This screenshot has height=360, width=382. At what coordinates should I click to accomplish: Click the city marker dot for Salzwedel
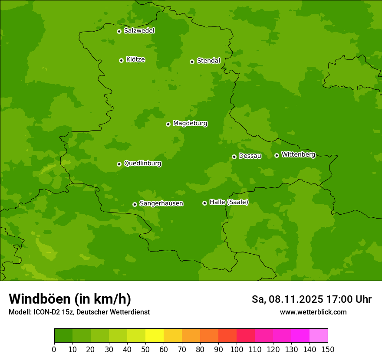tap(119, 31)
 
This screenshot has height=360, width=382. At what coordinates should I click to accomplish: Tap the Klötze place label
tap(135, 59)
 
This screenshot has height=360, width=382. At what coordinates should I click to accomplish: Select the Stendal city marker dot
tap(192, 62)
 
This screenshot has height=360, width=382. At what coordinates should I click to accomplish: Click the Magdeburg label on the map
tap(190, 123)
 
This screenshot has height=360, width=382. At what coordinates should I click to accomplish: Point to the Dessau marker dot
tap(234, 157)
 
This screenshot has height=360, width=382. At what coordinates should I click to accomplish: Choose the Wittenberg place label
tap(298, 154)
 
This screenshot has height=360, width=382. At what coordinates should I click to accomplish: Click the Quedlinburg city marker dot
tap(119, 164)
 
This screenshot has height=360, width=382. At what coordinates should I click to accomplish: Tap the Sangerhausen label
tap(161, 203)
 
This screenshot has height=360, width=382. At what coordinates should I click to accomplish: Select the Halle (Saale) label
tap(229, 202)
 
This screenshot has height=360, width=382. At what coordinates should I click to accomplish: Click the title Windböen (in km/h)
tap(70, 299)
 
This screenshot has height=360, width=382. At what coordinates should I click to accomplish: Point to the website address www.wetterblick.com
tap(313, 312)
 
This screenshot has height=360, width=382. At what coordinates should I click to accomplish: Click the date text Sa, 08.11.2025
tap(287, 299)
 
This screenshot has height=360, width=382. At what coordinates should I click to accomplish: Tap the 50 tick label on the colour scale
tap(145, 349)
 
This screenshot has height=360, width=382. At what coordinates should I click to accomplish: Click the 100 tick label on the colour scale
tap(237, 349)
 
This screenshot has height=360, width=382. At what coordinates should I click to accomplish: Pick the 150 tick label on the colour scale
tap(328, 349)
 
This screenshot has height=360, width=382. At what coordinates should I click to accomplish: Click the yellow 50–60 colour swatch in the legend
tap(155, 336)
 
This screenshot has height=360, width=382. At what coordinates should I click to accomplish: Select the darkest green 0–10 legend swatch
tap(63, 336)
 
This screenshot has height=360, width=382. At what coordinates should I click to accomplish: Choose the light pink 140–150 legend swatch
tap(319, 336)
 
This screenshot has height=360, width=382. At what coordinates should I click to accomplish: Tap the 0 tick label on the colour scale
tap(54, 349)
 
